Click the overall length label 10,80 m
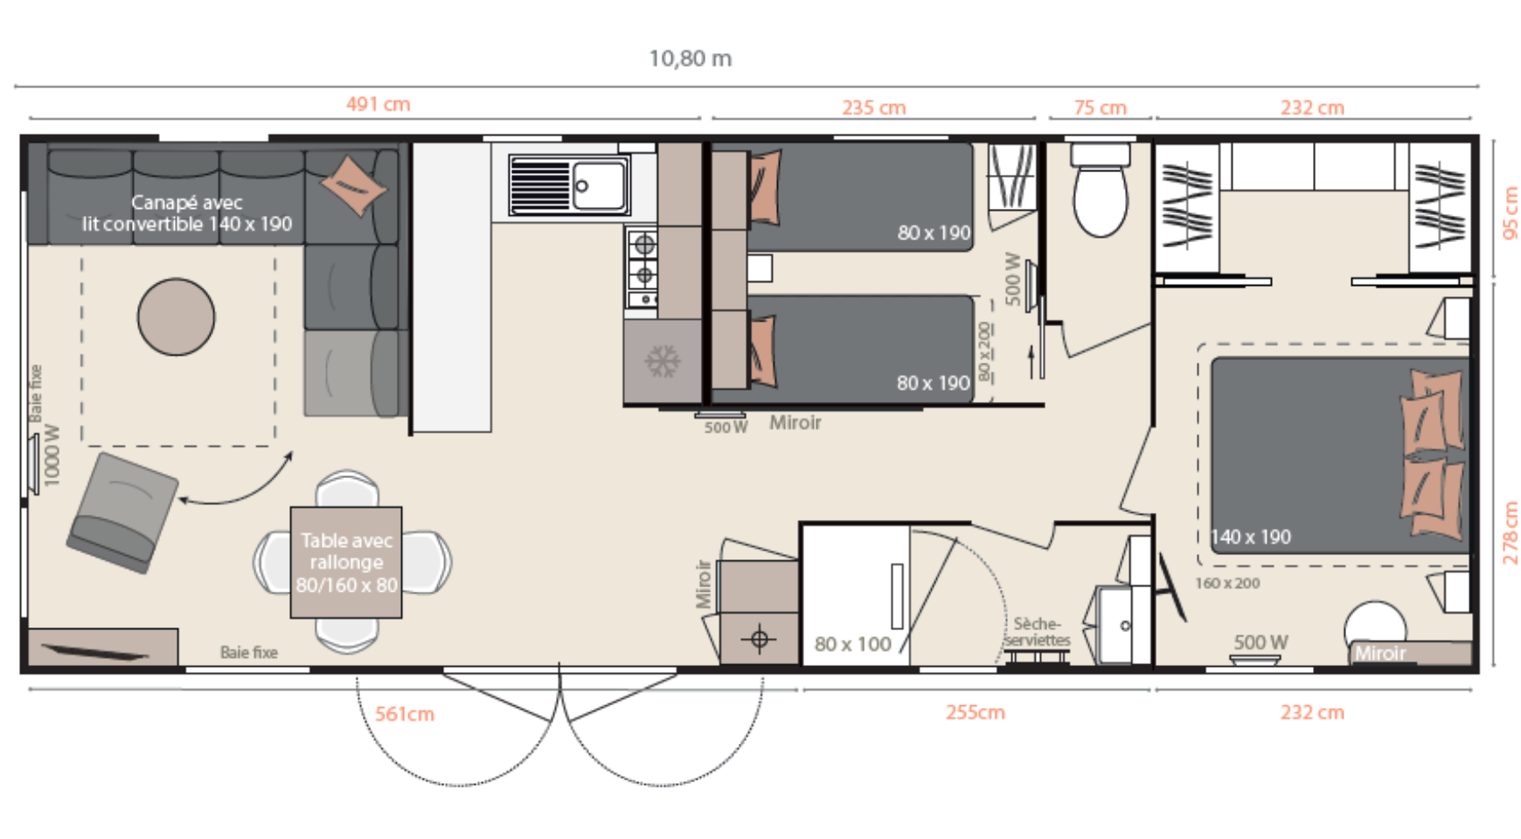690,59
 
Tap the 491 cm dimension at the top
378,104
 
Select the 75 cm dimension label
1100,107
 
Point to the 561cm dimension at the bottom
405,714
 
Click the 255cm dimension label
975,712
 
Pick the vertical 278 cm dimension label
1511,532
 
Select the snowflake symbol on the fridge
662,361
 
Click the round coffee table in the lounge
176,316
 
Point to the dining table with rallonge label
346,562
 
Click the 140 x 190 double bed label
1251,537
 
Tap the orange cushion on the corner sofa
354,184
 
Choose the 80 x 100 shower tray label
852,644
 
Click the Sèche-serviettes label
1037,632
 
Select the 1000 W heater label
52,455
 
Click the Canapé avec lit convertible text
187,213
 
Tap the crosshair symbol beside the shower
759,639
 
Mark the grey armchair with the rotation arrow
122,513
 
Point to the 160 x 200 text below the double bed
1227,583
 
